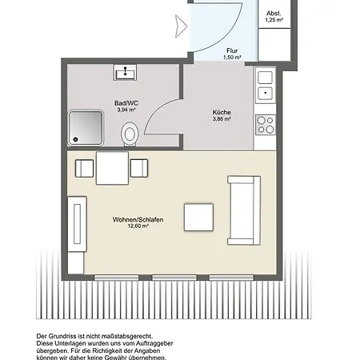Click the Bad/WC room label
point(123,102)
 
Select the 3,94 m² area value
point(124,110)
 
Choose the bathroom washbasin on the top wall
point(125,74)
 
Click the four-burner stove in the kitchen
point(265,124)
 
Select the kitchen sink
point(265,93)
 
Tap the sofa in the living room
point(243,209)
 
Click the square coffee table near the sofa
point(198,216)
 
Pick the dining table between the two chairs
point(111,168)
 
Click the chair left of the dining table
point(84,168)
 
